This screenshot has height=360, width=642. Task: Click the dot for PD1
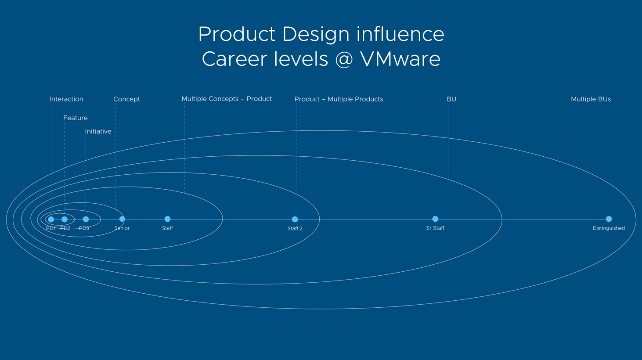coord(51,219)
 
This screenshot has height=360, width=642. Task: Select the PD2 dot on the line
coord(65,219)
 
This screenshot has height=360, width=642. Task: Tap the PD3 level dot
coord(86,219)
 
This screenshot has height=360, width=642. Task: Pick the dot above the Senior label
coord(122,219)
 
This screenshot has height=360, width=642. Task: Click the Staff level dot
coord(167,219)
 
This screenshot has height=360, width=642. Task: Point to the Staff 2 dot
coord(295,219)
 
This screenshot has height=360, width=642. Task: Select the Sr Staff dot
coord(435,219)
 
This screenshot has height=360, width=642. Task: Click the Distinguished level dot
coord(609,219)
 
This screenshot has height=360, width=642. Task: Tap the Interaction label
coord(66,99)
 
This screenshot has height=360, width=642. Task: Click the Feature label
coord(76,118)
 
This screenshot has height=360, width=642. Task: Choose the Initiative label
coord(98,131)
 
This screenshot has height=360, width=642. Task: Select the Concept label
coord(126,99)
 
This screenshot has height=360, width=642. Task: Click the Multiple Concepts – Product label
coord(227,99)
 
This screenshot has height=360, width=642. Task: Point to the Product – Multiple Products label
coord(339,99)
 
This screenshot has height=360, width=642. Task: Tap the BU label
coord(451,99)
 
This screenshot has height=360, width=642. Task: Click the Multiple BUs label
coord(591,99)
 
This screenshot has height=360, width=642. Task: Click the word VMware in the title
coord(400,59)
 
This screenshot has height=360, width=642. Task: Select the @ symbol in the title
coord(344,59)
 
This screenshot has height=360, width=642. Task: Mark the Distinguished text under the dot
coord(609,228)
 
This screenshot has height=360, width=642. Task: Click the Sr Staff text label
coord(435,228)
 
